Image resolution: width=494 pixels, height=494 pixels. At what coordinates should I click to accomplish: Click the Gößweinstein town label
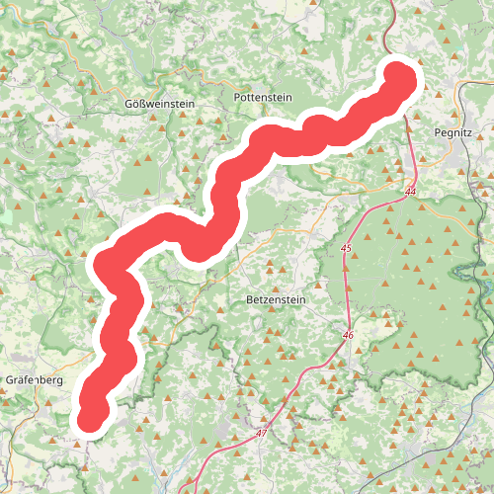click(161, 103)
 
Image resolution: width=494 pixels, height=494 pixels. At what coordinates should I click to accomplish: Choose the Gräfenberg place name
click(35, 378)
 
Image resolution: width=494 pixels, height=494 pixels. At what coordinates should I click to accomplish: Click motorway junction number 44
click(409, 190)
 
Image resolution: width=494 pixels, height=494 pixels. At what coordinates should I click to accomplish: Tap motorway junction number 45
click(346, 248)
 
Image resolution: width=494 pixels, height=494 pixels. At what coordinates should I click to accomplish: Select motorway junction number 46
click(347, 336)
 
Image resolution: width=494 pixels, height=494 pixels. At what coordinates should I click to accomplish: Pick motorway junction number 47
click(261, 434)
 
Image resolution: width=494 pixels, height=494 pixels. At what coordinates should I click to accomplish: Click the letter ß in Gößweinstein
click(147, 103)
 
